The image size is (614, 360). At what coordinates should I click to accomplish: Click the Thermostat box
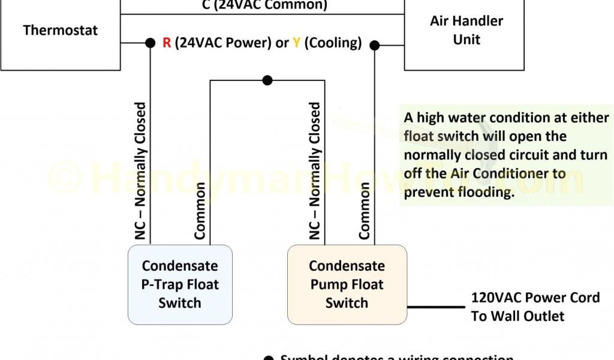[x=60, y=33]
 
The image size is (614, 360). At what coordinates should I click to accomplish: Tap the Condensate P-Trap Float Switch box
[x=180, y=284]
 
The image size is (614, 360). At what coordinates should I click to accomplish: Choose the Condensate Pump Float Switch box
[x=347, y=284]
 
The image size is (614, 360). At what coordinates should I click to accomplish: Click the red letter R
[x=167, y=43]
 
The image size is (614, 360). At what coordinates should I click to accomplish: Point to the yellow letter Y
[x=296, y=43]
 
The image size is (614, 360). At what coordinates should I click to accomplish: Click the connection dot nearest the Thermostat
[x=149, y=43]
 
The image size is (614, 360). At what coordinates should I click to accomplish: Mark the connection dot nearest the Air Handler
[x=375, y=44]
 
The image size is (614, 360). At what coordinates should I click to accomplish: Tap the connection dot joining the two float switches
[x=267, y=80]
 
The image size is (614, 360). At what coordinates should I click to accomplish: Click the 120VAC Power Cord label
[x=535, y=298]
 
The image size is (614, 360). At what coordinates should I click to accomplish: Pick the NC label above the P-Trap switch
[x=140, y=172]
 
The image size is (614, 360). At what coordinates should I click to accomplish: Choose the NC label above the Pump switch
[x=315, y=172]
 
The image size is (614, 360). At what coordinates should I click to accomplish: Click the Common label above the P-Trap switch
[x=200, y=211]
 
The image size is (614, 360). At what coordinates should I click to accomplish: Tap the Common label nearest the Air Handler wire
[x=365, y=211]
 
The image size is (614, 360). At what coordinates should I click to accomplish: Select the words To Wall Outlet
[x=517, y=316]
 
